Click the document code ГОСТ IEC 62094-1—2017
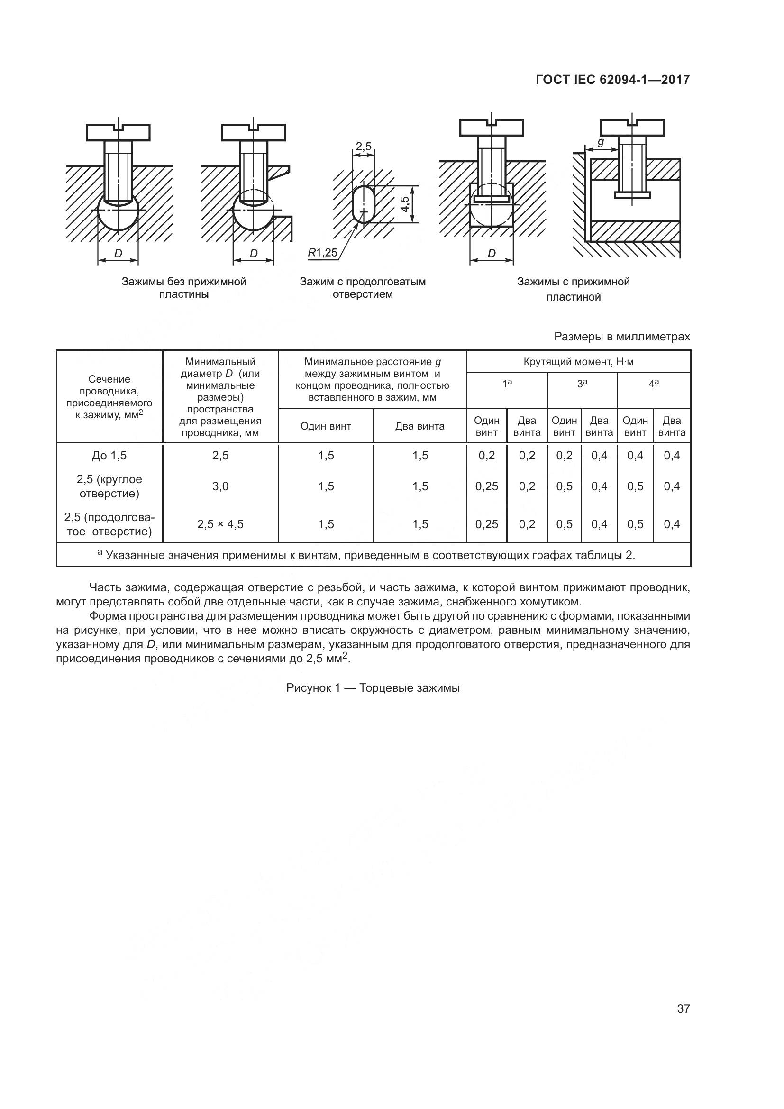point(612,80)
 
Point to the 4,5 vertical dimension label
point(406,204)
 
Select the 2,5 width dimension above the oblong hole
point(363,146)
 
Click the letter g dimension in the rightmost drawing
point(601,142)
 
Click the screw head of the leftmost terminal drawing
point(119,132)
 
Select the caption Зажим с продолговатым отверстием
point(363,288)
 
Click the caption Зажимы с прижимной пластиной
point(574,289)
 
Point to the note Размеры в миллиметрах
point(622,337)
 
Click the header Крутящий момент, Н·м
point(578,362)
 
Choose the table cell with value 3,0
point(220,486)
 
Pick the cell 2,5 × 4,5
point(220,524)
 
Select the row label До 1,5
point(109,456)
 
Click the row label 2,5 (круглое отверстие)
point(109,486)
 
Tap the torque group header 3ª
point(582,384)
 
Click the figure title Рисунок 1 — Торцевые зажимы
point(373,688)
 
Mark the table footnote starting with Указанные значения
point(367,555)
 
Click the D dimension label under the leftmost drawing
point(118,253)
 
